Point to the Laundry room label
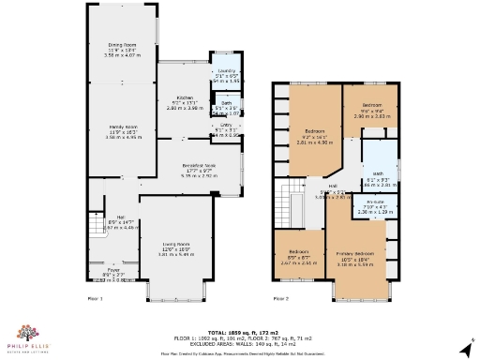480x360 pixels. [225, 71]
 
